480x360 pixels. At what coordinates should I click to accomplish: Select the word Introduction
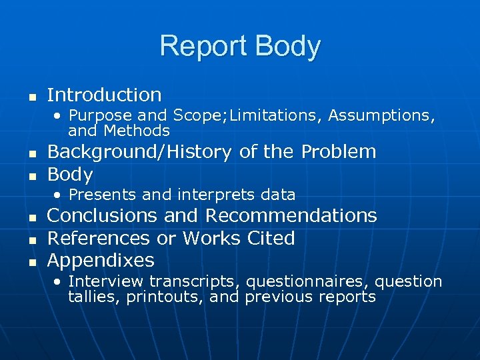tap(105, 95)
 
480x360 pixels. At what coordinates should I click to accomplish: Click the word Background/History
tap(139, 152)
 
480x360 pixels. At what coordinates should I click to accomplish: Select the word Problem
tap(339, 152)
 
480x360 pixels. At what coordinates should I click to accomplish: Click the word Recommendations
tap(291, 216)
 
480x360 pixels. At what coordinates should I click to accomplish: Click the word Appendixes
tap(101, 260)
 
